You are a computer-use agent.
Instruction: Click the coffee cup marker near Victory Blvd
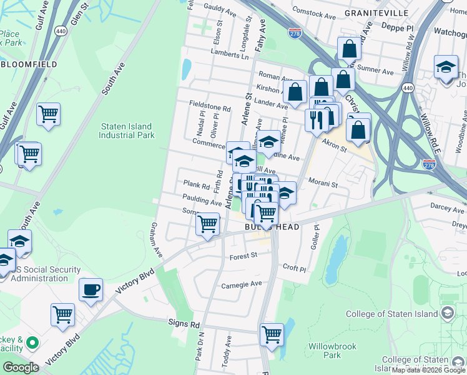91,289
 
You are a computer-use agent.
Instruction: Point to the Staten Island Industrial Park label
127,131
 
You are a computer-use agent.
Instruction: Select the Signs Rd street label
184,324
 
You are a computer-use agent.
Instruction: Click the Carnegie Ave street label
242,284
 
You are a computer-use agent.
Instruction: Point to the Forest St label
243,256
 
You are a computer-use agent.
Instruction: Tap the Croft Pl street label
294,269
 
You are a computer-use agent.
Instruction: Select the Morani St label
323,184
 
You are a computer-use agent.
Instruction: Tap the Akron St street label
334,145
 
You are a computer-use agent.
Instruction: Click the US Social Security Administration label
46,274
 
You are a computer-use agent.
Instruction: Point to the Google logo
21,367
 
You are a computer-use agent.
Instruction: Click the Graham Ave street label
152,241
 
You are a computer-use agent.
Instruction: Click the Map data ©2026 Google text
429,370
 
